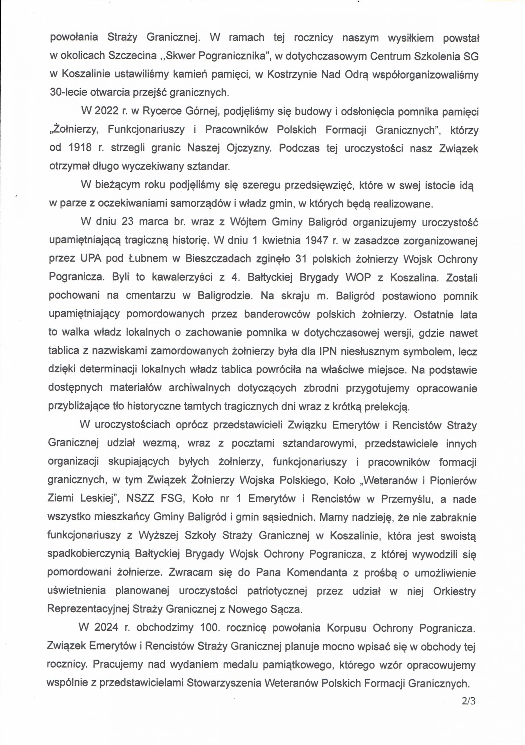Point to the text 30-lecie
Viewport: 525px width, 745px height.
click(x=68, y=93)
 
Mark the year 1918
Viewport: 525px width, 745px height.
click(x=81, y=148)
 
